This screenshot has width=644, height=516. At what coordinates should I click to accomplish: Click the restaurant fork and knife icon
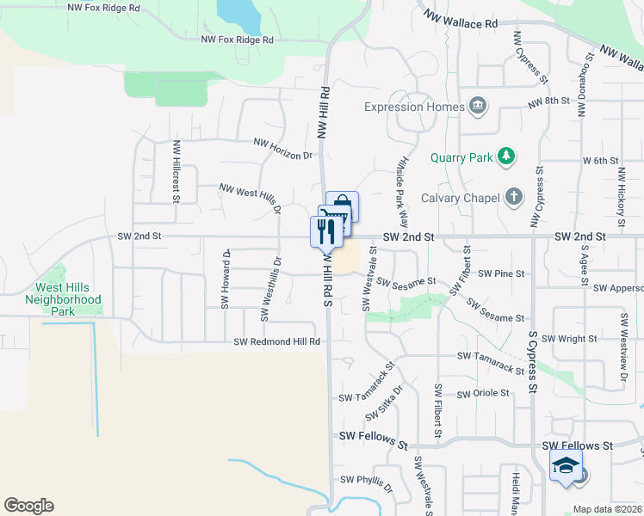pos(325,230)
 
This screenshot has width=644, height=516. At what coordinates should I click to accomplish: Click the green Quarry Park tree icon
pos(508,157)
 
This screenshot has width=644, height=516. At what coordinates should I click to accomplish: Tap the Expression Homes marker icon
pos(478,107)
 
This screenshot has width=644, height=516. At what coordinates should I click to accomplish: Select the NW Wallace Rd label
pos(461,20)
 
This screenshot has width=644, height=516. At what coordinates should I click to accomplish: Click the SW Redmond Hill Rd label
pos(277,341)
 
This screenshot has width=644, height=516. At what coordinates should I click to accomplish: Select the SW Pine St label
pos(501,273)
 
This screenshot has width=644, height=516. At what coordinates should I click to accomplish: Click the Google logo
pos(28,506)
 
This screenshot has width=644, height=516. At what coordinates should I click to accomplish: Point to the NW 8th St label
pos(548,101)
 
